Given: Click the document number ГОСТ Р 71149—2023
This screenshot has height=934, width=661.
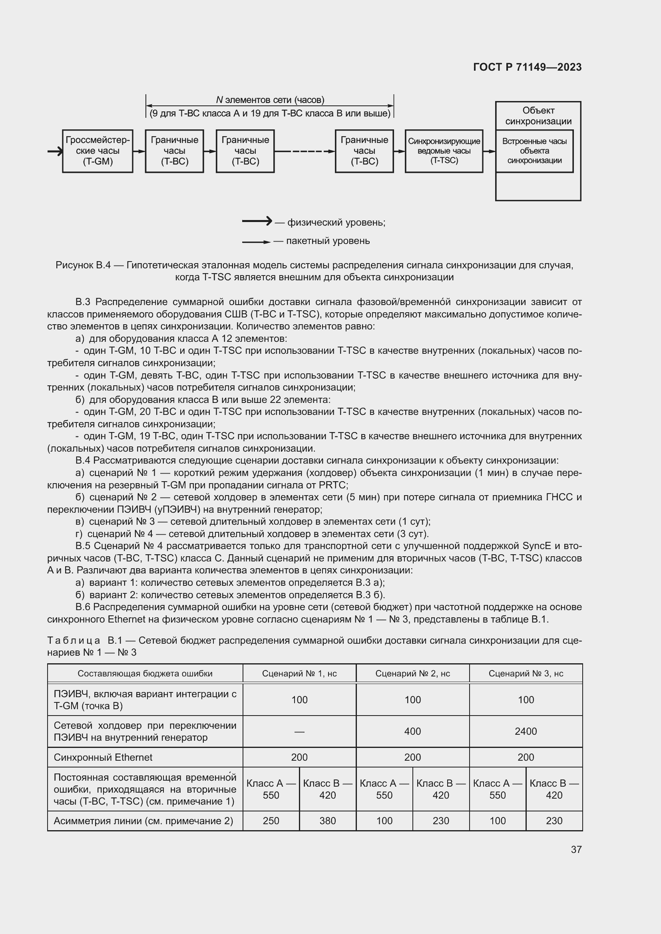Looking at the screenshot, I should coord(527,67).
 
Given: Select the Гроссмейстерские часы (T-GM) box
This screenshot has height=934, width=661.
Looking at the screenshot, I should coord(98,151).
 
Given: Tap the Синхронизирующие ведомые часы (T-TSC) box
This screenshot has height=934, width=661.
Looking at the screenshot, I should coord(444,151).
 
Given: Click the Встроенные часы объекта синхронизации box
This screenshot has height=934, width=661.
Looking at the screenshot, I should coord(534,151).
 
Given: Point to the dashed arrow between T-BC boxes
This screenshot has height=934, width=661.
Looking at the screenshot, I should coord(305,151).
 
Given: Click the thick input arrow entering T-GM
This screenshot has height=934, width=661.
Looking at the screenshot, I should coord(54,151).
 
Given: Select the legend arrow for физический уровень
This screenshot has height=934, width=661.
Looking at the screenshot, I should coord(257,221).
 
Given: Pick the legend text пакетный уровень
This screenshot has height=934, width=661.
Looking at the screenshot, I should coord(328,241).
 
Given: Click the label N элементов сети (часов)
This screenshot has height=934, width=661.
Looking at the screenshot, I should coord(270,100).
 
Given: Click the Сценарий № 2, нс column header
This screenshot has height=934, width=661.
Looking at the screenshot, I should coord(412,673).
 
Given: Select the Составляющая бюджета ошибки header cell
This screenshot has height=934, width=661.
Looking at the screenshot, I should coord(145,673).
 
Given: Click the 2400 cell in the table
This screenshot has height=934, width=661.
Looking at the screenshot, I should coord(526,731).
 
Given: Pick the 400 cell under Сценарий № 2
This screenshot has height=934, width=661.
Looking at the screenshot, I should coord(412,731).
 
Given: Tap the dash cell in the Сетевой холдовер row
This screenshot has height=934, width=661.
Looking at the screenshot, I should coord(299,732).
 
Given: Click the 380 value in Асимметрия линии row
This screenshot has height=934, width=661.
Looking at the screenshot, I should coord(327,821).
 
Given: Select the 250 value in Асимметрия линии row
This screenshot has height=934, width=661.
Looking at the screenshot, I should coord(271,821).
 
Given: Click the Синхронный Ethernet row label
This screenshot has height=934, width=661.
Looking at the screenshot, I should coord(103,757).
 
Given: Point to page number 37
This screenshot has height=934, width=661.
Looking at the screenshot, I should coord(576,849).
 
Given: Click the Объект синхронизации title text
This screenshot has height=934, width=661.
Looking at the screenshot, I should coord(538,116).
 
